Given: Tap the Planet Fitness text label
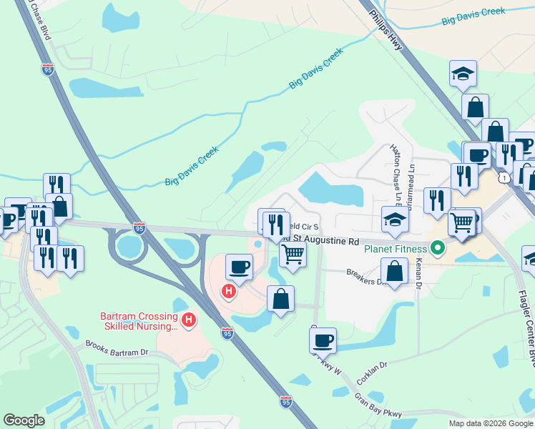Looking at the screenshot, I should [x=395, y=249].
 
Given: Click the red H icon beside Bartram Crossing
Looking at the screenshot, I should [x=188, y=320].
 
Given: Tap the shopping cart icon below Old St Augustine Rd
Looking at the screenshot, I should [x=293, y=253].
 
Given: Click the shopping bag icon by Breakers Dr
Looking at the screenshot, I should [x=394, y=270].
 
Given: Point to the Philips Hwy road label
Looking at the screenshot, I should [x=386, y=30].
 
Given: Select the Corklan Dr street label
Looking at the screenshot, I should [x=373, y=374].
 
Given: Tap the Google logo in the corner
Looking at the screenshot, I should [x=24, y=420].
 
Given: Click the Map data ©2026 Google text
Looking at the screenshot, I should [x=491, y=423].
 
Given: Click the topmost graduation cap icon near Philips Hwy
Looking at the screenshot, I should [x=463, y=72].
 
